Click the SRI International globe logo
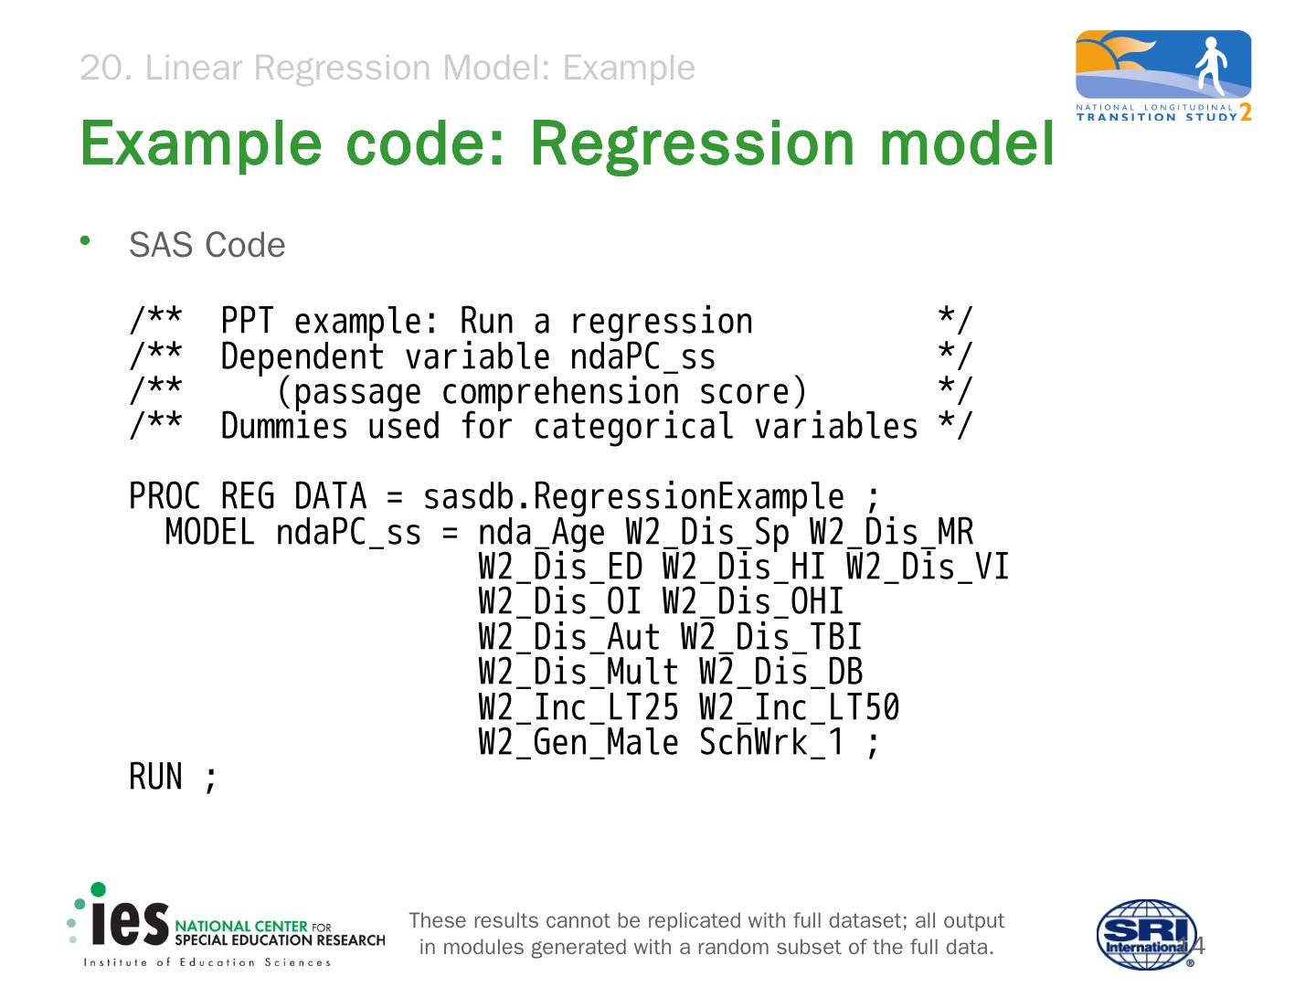(1146, 933)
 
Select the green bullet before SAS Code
(85, 241)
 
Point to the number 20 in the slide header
(101, 68)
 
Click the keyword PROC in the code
(164, 497)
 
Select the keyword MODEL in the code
(210, 532)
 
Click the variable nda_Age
(541, 532)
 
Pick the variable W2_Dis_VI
(927, 568)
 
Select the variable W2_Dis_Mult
(578, 673)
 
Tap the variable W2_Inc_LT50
(799, 708)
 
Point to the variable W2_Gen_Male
(578, 743)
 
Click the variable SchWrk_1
(771, 743)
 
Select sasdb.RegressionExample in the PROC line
(632, 497)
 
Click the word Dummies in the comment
(284, 427)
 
